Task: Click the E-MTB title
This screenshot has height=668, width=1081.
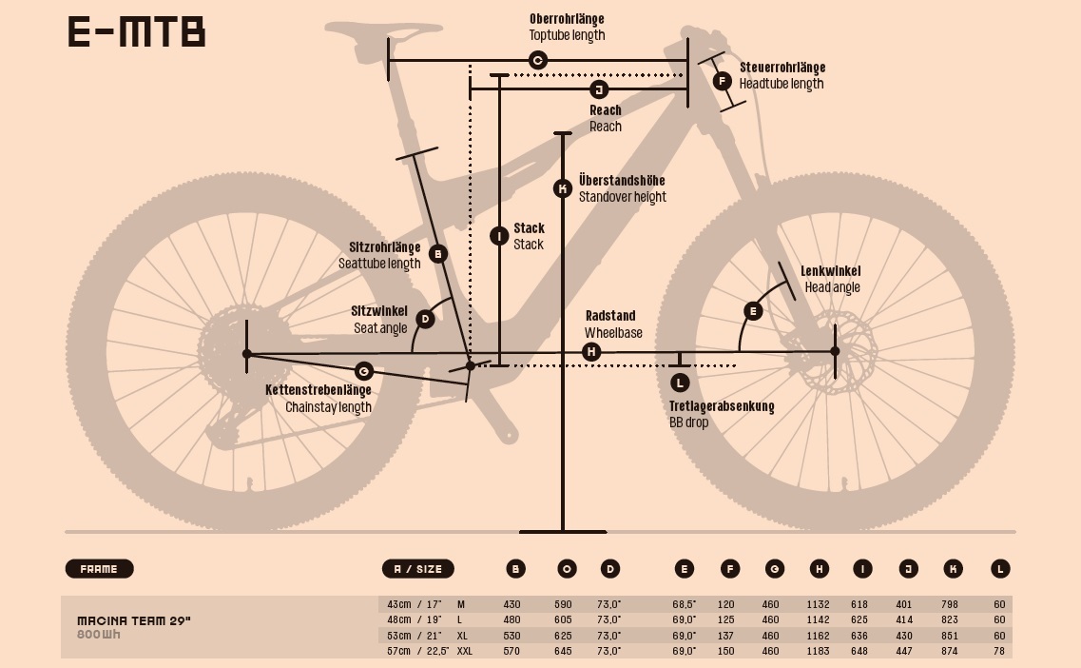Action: coord(137,32)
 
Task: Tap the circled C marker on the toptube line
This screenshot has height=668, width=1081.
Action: coord(537,61)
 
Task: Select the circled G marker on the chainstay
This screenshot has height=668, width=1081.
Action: coord(363,370)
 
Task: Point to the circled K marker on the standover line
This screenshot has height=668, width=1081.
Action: coord(563,188)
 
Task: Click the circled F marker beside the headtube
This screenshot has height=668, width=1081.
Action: coord(722,81)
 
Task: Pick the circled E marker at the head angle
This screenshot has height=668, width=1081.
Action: coord(753,311)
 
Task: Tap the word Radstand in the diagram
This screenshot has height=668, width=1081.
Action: coord(610,316)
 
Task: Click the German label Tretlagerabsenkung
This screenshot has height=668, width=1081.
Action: coord(722,406)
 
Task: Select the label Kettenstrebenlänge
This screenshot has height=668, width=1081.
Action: coord(318,390)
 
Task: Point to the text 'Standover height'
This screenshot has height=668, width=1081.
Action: coord(623,197)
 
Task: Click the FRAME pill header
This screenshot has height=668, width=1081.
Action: coord(100,569)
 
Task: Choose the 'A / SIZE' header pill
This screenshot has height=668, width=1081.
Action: coord(418,569)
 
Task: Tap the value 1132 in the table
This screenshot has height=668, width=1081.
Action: coord(818,604)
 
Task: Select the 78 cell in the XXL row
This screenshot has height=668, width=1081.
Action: coord(999,651)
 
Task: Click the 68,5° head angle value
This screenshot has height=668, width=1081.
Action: coord(684,604)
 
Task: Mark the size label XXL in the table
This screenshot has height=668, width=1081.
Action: coord(465,651)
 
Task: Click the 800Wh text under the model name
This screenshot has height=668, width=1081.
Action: coord(99,635)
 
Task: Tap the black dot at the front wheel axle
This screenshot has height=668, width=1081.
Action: coord(835,351)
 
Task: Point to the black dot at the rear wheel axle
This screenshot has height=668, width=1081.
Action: coord(247,354)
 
